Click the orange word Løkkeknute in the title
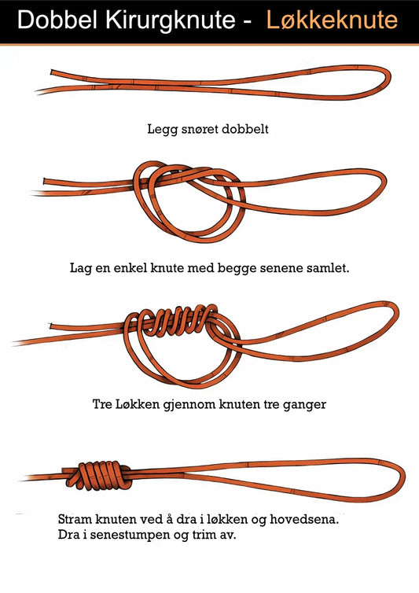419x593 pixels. (331, 20)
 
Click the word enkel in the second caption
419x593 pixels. (139, 267)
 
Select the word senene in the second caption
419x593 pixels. (282, 267)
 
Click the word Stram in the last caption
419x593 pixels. (76, 520)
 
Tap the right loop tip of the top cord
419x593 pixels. (387, 79)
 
